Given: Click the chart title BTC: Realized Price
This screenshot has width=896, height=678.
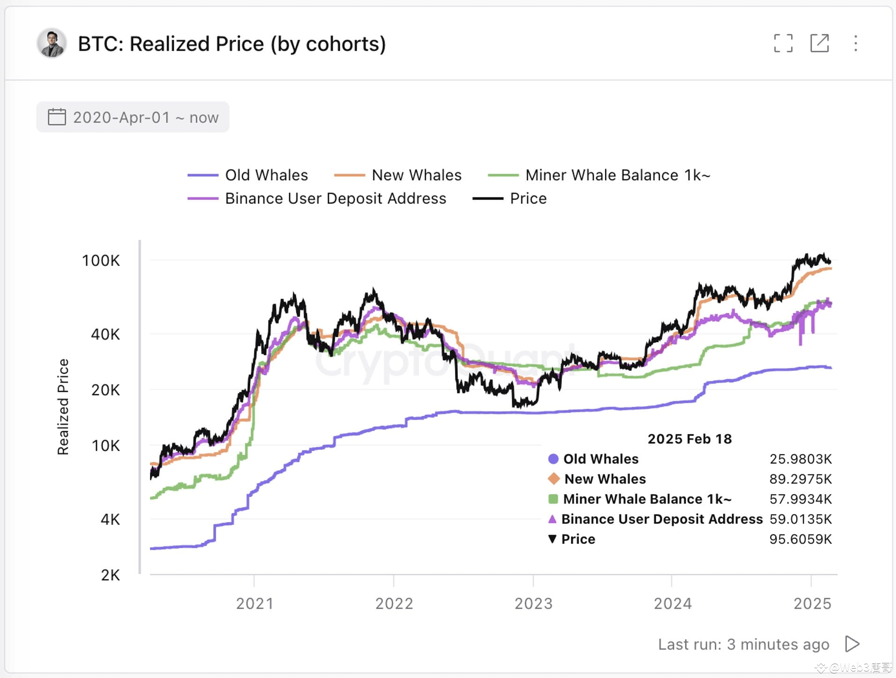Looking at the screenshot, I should point(231,44).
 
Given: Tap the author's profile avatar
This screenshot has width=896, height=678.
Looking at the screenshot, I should point(52,43).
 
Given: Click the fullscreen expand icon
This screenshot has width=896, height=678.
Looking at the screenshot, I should point(783,43).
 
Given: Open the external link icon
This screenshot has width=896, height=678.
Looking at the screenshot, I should point(820,43).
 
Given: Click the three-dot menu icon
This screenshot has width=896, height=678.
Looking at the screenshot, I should point(856,43).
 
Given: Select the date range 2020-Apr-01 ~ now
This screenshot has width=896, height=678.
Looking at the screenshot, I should point(133,117).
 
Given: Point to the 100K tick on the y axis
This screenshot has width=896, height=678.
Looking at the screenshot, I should point(101,261).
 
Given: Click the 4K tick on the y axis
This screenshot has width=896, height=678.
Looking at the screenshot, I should point(110,520).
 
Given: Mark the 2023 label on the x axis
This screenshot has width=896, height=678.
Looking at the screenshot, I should point(533,603).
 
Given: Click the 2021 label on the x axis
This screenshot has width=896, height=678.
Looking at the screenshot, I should point(254,603).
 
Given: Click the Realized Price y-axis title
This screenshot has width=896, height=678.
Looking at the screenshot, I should point(63,407).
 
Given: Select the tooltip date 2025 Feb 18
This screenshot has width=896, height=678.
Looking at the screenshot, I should point(689,439).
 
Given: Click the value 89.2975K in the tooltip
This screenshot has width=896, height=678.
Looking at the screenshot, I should point(800,479).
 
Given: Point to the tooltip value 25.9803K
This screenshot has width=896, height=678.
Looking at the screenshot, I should point(800,459).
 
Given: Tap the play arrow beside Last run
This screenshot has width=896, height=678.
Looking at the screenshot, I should point(852,644).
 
